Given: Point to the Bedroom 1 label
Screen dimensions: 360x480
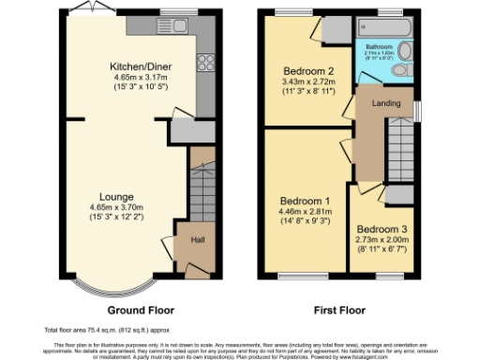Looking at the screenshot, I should click(x=305, y=202).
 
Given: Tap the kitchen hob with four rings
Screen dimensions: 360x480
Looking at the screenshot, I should click(x=204, y=63).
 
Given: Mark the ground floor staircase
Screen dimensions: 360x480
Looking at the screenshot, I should click(x=201, y=187).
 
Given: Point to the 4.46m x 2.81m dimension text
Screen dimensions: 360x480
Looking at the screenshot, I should click(x=305, y=214).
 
